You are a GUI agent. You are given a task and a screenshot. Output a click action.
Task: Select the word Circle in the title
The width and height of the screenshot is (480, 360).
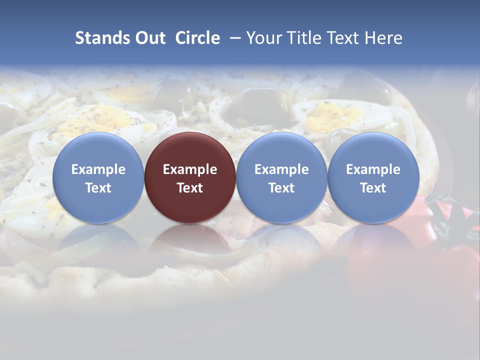(x=197, y=38)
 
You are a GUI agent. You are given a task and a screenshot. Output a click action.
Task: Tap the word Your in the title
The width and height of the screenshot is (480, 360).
(x=263, y=38)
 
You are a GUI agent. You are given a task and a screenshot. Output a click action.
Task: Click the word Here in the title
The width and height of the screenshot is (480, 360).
(x=384, y=38)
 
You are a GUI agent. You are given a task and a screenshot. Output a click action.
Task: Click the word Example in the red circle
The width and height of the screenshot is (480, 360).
(x=190, y=169)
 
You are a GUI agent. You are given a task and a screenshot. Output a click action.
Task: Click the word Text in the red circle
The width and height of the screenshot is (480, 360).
(x=190, y=188)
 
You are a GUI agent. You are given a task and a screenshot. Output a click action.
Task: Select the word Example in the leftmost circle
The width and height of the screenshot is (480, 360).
(x=98, y=169)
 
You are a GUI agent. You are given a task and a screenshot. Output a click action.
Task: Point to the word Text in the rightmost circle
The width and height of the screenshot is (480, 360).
(x=373, y=188)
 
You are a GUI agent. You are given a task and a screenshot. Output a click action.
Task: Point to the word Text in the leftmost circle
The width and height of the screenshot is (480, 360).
(x=98, y=188)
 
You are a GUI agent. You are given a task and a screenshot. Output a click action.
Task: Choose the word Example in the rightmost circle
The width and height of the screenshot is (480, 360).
(x=373, y=169)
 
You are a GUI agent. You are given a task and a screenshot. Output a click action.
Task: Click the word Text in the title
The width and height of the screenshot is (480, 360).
(x=344, y=38)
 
